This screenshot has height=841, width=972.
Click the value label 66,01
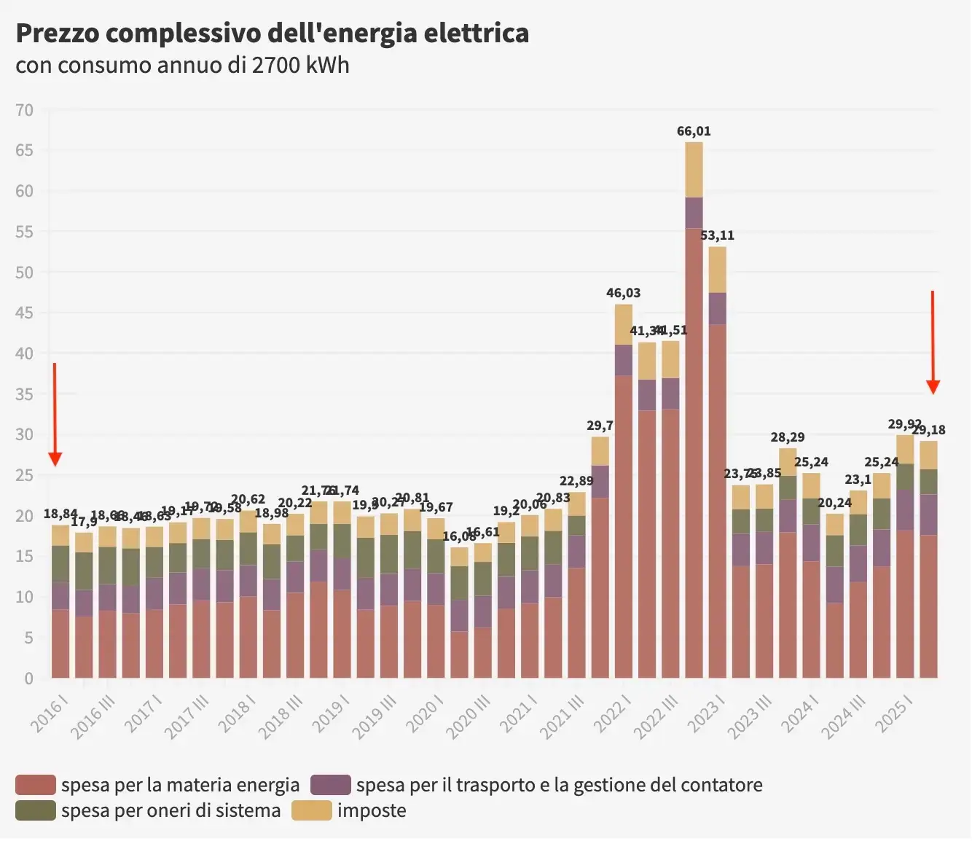pyautogui.click(x=693, y=131)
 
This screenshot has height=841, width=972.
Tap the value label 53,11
pyautogui.click(x=717, y=235)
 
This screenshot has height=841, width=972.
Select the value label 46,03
pyautogui.click(x=623, y=293)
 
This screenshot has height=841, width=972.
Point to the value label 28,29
pyautogui.click(x=787, y=437)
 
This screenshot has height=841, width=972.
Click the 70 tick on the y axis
pyautogui.click(x=25, y=110)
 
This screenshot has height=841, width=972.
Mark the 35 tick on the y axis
pyautogui.click(x=25, y=394)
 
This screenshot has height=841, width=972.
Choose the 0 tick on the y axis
pyautogui.click(x=29, y=678)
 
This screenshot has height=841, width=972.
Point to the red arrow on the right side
pyautogui.click(x=933, y=343)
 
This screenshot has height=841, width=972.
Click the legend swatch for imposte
pyautogui.click(x=311, y=810)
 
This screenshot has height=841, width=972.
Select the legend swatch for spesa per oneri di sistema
pyautogui.click(x=36, y=810)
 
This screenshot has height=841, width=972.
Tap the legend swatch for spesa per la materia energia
pyautogui.click(x=36, y=785)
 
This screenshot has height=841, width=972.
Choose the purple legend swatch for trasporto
pyautogui.click(x=330, y=785)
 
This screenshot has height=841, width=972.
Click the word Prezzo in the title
pyautogui.click(x=61, y=34)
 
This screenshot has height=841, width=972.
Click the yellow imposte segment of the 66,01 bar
pyautogui.click(x=694, y=169)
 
